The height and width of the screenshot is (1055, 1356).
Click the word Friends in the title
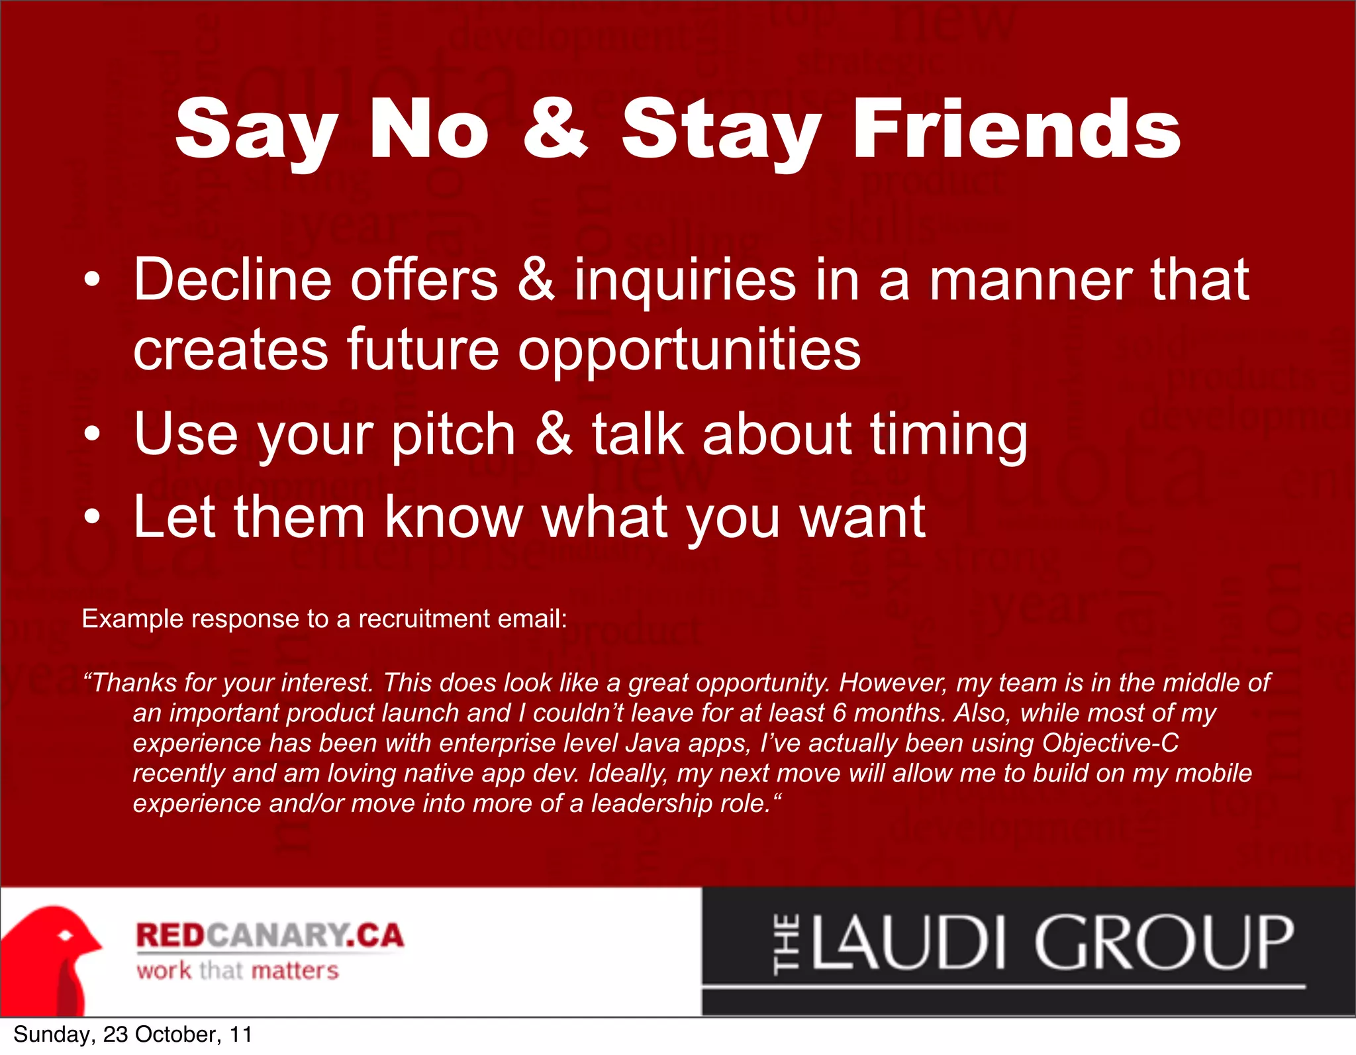(x=1016, y=129)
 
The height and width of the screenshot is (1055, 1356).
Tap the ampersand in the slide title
(x=555, y=129)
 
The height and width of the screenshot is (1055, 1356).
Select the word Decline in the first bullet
(x=232, y=280)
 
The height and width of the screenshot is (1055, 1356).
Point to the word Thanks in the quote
(x=136, y=682)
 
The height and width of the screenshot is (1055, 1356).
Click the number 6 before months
(x=839, y=713)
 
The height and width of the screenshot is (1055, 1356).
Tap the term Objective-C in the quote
(x=1110, y=743)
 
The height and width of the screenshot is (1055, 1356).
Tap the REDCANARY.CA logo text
(x=269, y=936)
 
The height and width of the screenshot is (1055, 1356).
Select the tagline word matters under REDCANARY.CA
(x=295, y=971)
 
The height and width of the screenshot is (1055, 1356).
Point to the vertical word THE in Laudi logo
(x=787, y=944)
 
